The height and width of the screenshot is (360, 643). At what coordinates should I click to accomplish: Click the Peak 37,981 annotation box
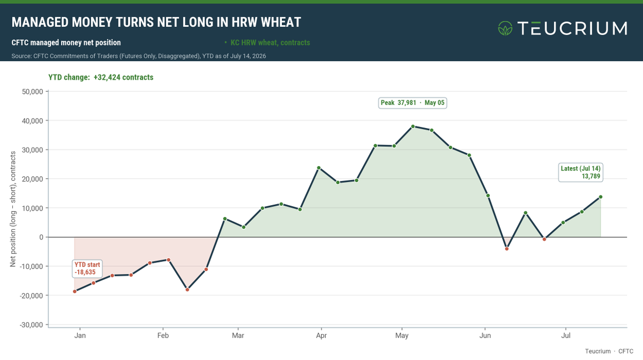413,103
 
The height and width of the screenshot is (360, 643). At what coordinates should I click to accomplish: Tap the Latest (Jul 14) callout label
580,172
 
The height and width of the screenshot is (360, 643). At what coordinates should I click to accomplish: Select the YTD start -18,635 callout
87,268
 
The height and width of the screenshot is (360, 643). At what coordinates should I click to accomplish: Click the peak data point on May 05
413,126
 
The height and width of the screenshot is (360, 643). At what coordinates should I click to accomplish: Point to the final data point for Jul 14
601,197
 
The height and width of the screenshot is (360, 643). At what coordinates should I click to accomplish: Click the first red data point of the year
74,291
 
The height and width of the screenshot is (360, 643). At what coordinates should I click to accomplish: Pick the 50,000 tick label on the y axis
33,92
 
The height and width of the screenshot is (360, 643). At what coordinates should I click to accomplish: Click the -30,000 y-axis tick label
31,325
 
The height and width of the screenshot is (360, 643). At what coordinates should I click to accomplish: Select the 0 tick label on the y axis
41,237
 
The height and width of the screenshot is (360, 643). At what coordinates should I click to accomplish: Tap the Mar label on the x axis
238,335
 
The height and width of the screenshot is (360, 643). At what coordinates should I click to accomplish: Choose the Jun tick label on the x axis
485,335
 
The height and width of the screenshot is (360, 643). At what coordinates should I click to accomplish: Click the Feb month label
163,335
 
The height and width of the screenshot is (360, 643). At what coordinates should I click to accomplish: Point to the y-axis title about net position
13,209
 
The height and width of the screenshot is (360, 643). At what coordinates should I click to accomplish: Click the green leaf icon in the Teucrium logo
505,28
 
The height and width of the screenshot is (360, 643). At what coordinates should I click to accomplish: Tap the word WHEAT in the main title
281,22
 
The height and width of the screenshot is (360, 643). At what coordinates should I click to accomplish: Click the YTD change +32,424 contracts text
101,77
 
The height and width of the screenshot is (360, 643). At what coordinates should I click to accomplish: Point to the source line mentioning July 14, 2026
139,56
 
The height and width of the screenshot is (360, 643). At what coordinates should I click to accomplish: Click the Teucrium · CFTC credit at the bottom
609,351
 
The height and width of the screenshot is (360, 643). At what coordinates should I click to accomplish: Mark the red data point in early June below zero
507,249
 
